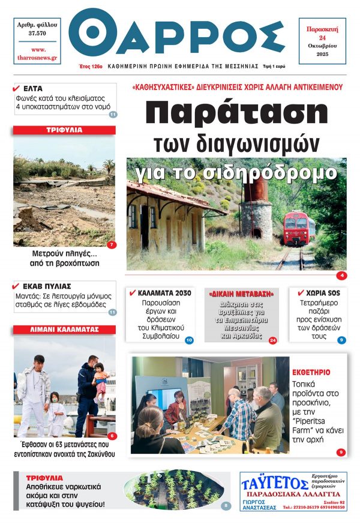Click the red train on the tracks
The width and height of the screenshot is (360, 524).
(299, 229)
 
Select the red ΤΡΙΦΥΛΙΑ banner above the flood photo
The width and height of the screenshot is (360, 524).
(64, 130)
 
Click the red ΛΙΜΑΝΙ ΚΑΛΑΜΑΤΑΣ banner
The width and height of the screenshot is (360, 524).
(64, 330)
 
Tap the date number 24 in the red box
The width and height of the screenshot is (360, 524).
(322, 37)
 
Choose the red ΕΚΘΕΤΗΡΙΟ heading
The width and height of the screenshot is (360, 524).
(311, 372)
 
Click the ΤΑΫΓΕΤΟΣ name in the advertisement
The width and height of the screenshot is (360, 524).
(270, 483)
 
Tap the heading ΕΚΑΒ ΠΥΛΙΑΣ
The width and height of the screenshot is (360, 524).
(51, 286)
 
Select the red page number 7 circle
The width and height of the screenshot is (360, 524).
(111, 245)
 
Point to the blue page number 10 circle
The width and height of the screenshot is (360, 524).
(188, 340)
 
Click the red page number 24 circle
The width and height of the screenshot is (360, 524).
(273, 340)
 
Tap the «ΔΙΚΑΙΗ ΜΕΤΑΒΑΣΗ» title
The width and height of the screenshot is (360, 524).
(242, 295)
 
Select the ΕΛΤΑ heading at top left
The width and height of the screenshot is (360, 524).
(32, 88)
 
